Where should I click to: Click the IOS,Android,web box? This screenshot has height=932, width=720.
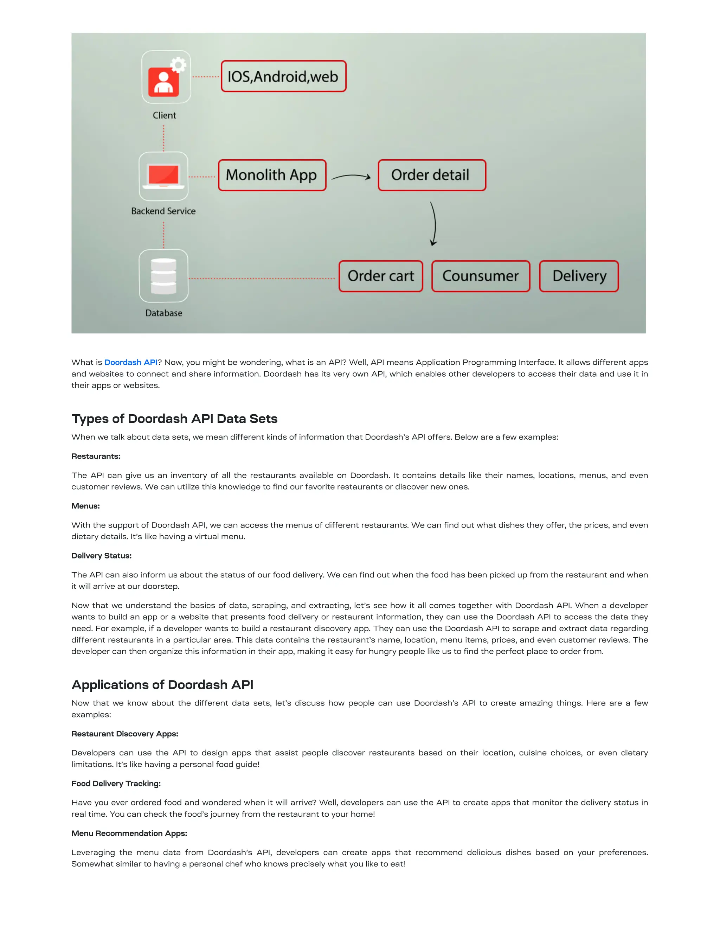coord(283,76)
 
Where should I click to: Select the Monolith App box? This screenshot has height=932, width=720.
coord(272,175)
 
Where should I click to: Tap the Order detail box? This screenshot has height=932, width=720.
coord(432,175)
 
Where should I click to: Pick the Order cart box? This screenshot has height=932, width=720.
coord(380,276)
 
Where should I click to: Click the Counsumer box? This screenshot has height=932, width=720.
coord(480,276)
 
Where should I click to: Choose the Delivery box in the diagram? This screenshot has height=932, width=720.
coord(579,276)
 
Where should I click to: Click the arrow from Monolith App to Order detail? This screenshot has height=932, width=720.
coord(351,176)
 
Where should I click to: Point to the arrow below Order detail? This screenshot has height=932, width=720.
coord(434,224)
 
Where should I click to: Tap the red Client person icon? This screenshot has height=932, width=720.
coord(163,82)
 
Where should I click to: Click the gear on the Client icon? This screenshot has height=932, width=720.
coord(178,65)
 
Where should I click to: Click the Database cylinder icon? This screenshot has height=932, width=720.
coord(163,276)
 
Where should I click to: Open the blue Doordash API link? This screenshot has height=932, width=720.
coord(131,362)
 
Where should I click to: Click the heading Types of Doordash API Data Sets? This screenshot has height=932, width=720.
coord(174,419)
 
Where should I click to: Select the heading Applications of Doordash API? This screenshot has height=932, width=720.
coord(162,684)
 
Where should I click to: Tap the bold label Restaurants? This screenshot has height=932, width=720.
coord(96,456)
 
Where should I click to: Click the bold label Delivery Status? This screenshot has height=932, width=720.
coord(102,556)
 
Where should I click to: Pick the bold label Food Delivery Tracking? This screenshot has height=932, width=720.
coord(116,784)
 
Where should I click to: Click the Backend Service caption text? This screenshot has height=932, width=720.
coord(163,211)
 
